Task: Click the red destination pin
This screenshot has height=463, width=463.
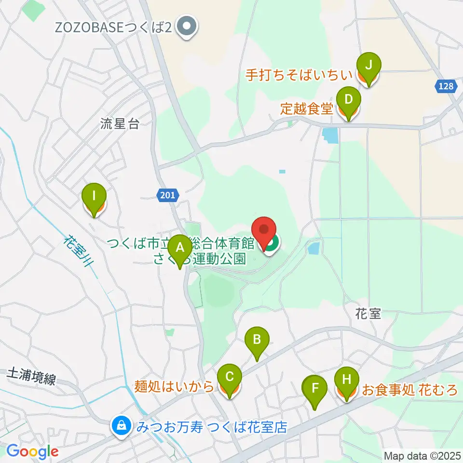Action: (x=265, y=233)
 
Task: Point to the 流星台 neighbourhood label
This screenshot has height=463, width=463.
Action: (x=120, y=124)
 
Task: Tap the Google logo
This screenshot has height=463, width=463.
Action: (x=32, y=452)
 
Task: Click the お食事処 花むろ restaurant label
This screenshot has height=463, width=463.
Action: (x=409, y=390)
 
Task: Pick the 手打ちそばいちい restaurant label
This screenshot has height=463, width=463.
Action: (x=300, y=76)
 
